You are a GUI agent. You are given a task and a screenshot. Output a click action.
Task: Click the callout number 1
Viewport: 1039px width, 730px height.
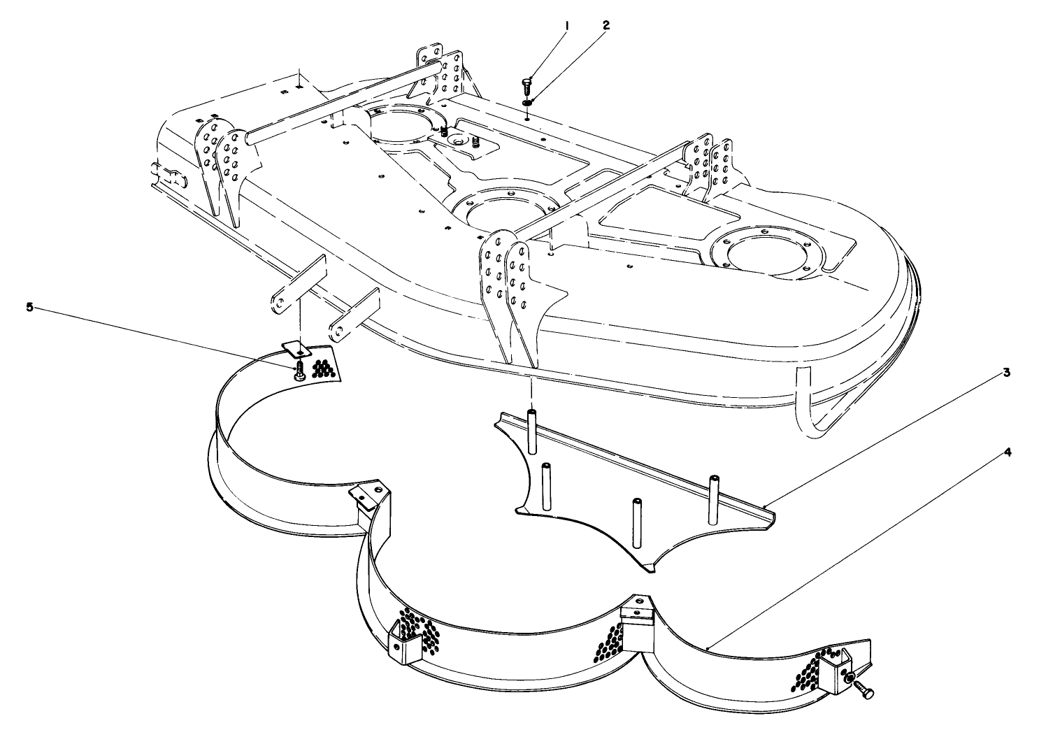(566, 26)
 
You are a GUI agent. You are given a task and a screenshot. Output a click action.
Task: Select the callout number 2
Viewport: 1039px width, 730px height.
(606, 26)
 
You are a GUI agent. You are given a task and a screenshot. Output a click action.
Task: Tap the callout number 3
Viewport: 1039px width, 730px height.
(1005, 373)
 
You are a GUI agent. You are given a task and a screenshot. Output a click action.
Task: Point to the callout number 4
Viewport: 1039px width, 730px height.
(1006, 452)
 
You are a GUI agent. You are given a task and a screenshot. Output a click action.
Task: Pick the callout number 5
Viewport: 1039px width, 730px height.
(30, 306)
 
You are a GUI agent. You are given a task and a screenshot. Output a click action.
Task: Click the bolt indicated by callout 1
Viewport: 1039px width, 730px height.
(526, 88)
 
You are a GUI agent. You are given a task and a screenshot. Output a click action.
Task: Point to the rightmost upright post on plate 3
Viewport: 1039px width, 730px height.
(715, 498)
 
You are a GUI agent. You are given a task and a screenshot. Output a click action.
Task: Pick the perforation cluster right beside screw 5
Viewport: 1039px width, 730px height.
(322, 368)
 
